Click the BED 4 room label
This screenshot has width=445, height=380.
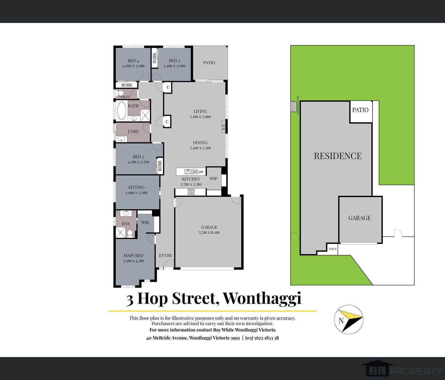tap(133, 61)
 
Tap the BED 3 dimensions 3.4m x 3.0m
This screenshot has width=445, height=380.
tap(175, 66)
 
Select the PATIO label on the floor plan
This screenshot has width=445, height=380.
tap(209, 63)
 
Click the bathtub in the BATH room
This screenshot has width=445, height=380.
tap(122, 111)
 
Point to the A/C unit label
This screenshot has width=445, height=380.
tap(223, 127)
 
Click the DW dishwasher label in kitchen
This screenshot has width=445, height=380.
tap(201, 172)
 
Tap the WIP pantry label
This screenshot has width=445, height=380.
tap(213, 179)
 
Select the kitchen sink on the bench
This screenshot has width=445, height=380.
tap(191, 172)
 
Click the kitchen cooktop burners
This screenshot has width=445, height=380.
tap(191, 192)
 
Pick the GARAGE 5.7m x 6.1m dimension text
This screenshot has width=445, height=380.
tap(209, 233)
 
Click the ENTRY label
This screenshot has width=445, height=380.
tap(166, 256)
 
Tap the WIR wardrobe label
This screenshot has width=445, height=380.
tap(145, 222)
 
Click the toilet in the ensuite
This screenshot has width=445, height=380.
tap(130, 233)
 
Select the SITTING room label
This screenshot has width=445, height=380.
tap(136, 188)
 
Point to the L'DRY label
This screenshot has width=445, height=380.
tap(134, 132)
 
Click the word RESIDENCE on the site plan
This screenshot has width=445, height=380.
tap(338, 156)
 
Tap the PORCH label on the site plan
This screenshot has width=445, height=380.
tap(333, 249)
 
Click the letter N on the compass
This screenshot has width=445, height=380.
tap(341, 321)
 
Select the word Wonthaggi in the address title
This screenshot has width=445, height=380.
tap(262, 298)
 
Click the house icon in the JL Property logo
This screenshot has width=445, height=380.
tap(377, 369)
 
